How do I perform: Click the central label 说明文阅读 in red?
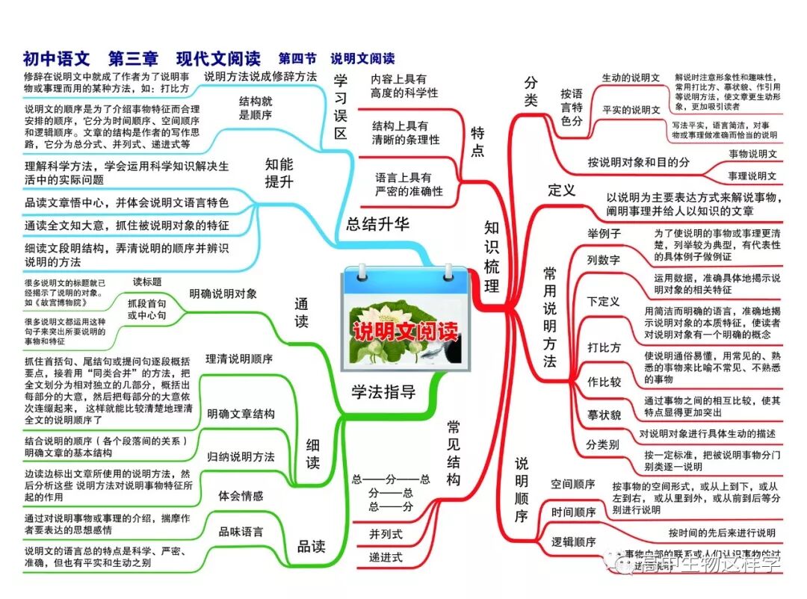404,332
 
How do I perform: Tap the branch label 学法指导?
383,391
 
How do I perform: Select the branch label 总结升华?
377,223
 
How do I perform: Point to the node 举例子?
604,234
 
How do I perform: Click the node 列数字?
603,260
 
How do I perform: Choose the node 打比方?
604,347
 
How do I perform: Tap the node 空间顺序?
573,484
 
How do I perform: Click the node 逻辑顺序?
573,541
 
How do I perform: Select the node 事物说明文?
752,154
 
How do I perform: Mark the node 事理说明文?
752,176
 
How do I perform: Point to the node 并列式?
386,534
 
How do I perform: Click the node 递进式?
386,557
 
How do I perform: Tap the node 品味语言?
241,532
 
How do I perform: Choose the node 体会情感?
241,495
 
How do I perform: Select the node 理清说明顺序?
239,359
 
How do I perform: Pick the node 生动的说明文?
631,78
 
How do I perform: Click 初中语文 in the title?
56,58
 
